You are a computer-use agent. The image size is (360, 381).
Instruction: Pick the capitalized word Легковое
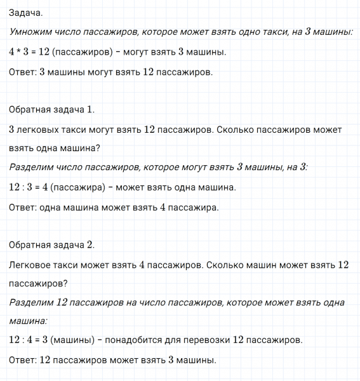pyautogui.click(x=33, y=264)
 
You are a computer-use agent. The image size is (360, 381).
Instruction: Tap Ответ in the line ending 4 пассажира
pyautogui.click(x=23, y=207)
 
